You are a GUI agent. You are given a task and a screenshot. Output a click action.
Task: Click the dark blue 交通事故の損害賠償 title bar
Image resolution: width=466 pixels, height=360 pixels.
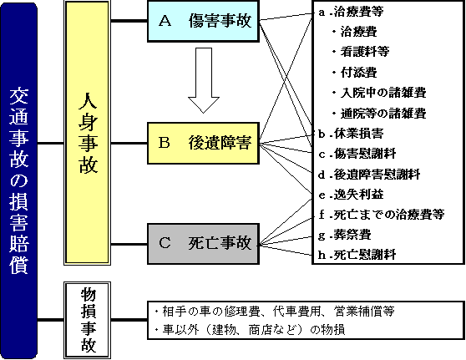(18, 180)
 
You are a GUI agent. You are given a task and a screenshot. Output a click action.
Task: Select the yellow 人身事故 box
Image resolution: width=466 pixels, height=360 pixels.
(88, 133)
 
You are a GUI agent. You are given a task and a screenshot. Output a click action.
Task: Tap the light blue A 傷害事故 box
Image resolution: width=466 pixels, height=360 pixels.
(203, 21)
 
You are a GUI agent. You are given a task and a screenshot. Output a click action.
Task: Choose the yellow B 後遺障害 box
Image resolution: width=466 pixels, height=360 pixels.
(203, 143)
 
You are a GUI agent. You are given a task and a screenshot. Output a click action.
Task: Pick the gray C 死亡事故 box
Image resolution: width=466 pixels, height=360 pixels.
(203, 244)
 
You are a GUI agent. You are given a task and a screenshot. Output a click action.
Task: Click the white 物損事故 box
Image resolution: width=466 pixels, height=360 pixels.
(88, 320)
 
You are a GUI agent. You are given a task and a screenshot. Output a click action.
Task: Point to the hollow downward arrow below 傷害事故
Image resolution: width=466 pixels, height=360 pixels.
(204, 80)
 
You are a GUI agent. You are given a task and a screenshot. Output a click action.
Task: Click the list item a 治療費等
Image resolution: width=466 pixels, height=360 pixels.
(351, 12)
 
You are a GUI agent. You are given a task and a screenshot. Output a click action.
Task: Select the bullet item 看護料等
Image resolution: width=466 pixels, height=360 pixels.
(361, 52)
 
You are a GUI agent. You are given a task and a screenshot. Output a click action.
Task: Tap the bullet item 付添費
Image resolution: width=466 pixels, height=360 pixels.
(355, 72)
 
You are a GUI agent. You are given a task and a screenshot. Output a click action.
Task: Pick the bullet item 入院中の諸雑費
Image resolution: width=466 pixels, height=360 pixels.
(379, 93)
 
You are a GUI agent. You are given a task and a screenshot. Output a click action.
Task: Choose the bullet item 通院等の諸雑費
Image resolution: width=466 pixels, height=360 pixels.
(379, 114)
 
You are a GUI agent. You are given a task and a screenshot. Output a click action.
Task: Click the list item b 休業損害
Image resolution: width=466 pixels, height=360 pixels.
(351, 134)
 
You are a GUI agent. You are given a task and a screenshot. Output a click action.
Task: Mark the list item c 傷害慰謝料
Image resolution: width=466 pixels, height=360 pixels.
(357, 154)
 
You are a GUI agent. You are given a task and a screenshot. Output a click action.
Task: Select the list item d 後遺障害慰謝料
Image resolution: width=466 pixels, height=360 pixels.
(369, 175)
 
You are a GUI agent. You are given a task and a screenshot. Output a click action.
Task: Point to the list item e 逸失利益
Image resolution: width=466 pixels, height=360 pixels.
(351, 195)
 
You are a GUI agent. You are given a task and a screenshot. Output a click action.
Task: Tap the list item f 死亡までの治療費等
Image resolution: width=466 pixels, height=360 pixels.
(382, 215)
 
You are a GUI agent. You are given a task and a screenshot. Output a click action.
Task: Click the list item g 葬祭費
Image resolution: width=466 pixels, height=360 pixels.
(345, 235)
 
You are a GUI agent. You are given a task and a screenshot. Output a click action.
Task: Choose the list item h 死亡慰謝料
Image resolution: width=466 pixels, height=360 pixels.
(357, 255)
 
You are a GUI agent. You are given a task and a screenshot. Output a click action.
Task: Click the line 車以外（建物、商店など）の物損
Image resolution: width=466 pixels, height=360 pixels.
(250, 330)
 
